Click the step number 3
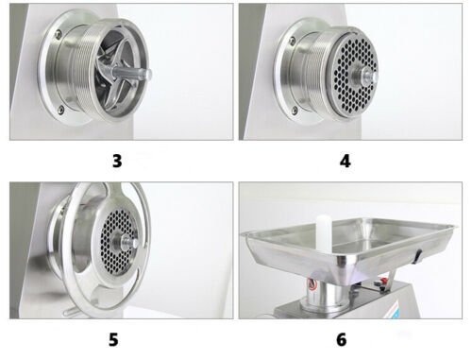coord(116,160)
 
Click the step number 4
coord(345,160)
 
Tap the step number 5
coord(116,338)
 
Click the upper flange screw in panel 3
coord(59,35)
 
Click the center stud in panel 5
coord(135,243)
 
